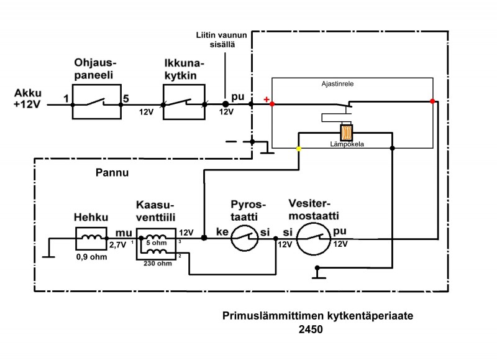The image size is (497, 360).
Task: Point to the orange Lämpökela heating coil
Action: (347, 133)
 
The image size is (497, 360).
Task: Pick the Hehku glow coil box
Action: (91, 238)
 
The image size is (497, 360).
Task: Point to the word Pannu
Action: (112, 173)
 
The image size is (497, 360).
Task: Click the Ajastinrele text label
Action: (337, 83)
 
